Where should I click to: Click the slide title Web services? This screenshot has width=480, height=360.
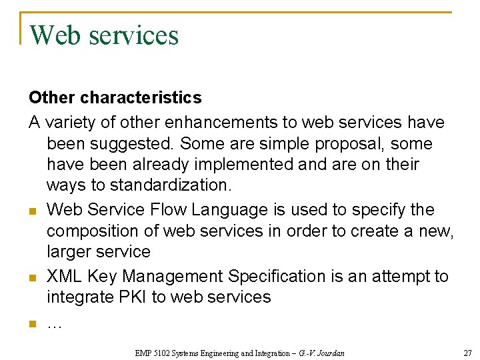click(x=104, y=35)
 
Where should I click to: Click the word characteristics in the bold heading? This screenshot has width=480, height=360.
click(x=141, y=97)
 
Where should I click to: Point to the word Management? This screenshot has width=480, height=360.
click(x=172, y=275)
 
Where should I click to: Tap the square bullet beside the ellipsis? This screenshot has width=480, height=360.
click(x=32, y=325)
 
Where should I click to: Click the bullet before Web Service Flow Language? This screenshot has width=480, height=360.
click(x=32, y=211)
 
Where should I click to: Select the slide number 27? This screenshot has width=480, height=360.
click(x=467, y=351)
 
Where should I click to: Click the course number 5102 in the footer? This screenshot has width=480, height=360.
click(x=163, y=351)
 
